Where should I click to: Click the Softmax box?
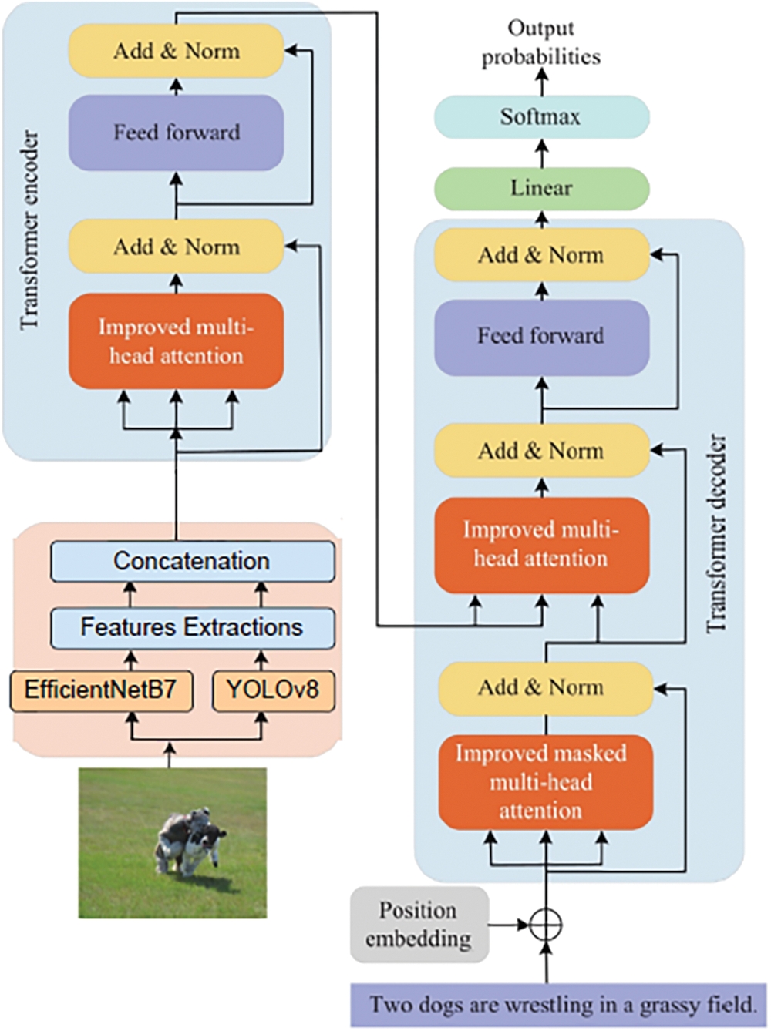click(x=541, y=117)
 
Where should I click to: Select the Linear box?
click(x=541, y=188)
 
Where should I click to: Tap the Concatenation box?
click(x=192, y=561)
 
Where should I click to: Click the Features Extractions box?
click(x=192, y=627)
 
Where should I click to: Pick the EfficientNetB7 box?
click(x=101, y=689)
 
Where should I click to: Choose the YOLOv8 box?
click(x=273, y=689)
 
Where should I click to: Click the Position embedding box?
click(x=419, y=924)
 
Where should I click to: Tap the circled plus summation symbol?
click(x=546, y=924)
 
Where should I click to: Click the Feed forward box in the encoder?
click(x=177, y=133)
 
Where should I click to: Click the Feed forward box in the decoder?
click(x=541, y=336)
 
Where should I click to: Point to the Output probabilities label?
click(x=541, y=42)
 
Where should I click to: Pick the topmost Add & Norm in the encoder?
click(x=177, y=51)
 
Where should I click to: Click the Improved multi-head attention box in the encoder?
click(x=177, y=341)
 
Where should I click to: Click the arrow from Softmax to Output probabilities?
click(x=541, y=82)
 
